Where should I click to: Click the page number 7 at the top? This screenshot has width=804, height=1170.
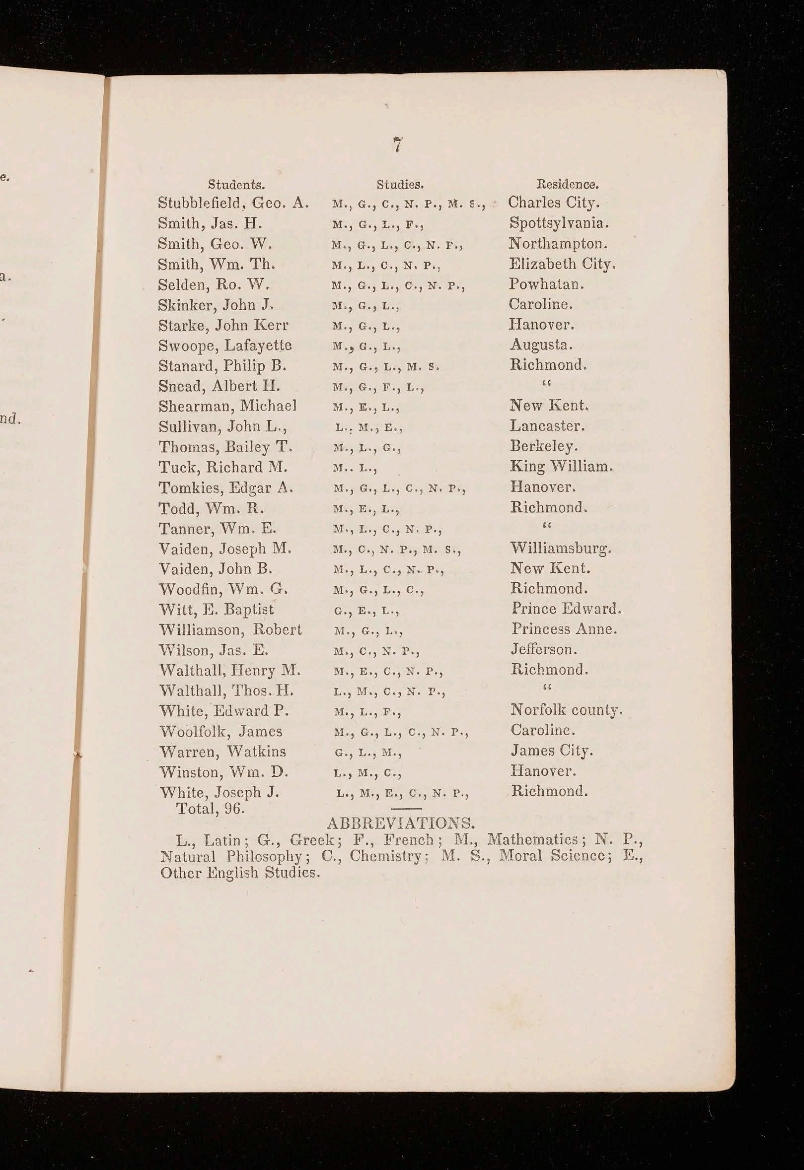(x=398, y=145)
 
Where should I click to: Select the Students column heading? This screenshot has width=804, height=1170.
(x=236, y=184)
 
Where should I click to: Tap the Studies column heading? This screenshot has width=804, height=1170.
(x=400, y=184)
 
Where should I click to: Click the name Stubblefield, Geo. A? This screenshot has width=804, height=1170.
(x=233, y=203)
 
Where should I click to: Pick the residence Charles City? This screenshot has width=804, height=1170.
(x=553, y=203)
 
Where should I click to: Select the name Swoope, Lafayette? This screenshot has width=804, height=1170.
(x=224, y=345)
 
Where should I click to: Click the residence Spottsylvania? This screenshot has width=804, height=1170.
(x=561, y=223)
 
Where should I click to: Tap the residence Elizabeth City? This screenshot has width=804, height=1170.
(x=562, y=264)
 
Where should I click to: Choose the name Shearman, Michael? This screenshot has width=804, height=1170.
(x=227, y=406)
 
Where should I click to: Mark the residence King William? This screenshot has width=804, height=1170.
(x=561, y=467)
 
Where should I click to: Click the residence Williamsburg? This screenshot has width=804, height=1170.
(x=561, y=548)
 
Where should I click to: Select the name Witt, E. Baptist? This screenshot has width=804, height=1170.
(x=216, y=609)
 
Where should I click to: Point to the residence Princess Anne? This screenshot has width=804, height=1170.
(x=564, y=629)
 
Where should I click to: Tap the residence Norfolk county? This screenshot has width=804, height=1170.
(x=566, y=710)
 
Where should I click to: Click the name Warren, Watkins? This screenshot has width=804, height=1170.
(x=222, y=752)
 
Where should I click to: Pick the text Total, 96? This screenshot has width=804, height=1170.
(x=210, y=809)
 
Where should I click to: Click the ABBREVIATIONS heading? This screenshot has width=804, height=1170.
(x=400, y=823)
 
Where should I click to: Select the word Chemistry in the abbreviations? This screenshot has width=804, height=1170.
(x=387, y=856)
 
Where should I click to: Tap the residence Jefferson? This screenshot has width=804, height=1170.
(x=543, y=649)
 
